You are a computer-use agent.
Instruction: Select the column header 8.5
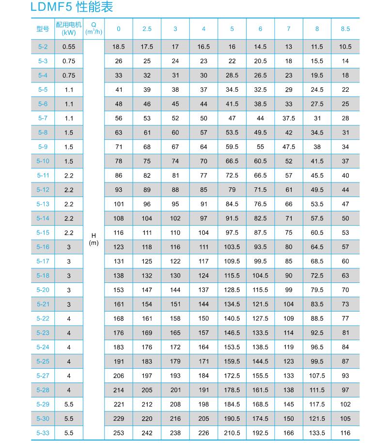point(345,29)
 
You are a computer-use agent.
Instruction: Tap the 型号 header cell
point(43,29)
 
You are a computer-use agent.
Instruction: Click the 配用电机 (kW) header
point(68,29)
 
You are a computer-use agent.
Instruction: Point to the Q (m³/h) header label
point(94,29)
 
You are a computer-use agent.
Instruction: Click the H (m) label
point(94,239)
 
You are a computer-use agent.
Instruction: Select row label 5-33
point(43,433)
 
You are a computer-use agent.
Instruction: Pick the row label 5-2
point(43,47)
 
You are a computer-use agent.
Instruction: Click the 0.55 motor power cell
point(69,47)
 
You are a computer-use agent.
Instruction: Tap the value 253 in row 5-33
point(119,433)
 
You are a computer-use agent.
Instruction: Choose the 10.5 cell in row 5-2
point(345,47)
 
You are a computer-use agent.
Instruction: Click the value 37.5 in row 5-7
point(289,118)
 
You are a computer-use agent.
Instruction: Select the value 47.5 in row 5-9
point(289,147)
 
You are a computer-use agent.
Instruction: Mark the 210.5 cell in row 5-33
point(232,433)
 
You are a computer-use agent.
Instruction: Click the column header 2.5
point(147,29)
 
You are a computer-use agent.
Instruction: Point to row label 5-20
point(43,290)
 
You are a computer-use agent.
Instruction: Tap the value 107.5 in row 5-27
point(317,376)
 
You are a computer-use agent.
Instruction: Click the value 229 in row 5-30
point(119,419)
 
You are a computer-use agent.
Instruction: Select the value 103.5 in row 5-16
point(232,247)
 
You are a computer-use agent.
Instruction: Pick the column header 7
point(289,29)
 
